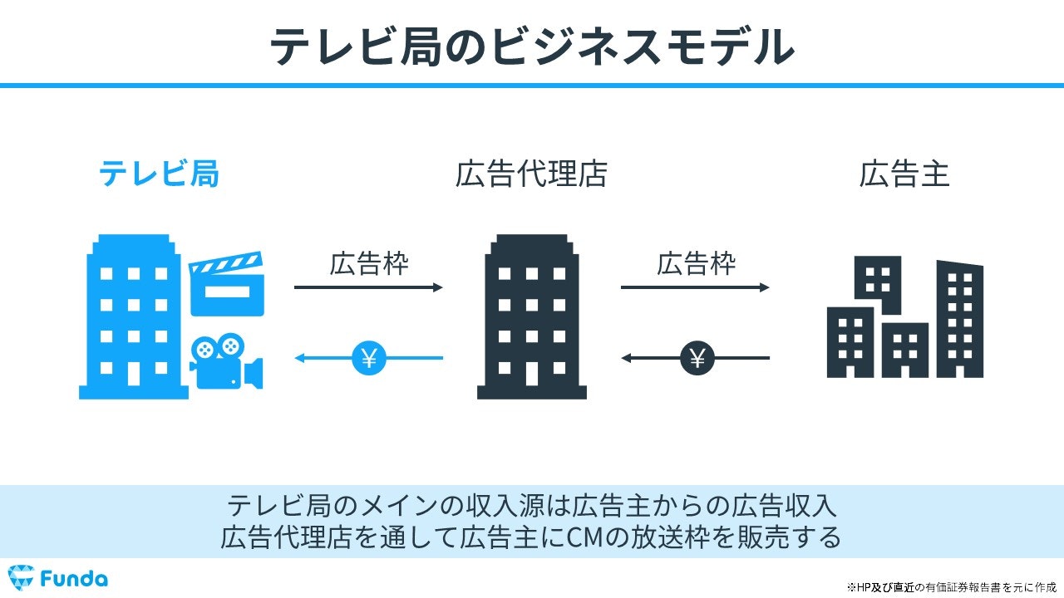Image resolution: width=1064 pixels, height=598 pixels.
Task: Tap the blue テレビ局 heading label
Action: click(x=160, y=174)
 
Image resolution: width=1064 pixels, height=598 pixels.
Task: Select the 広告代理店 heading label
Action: click(x=531, y=174)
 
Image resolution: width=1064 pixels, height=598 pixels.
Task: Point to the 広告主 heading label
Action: click(x=904, y=174)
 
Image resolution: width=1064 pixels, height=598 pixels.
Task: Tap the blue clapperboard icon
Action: click(x=226, y=283)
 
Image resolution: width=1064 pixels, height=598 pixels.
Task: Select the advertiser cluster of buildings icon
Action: click(x=904, y=318)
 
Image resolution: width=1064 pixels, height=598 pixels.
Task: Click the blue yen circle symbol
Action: click(x=368, y=358)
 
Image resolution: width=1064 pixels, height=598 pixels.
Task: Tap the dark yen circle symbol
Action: click(x=697, y=358)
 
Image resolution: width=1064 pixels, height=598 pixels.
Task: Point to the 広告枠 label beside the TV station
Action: click(x=369, y=263)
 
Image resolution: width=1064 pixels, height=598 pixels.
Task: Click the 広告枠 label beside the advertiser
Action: click(x=696, y=263)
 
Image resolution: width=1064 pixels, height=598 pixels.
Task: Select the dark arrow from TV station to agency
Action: click(x=369, y=287)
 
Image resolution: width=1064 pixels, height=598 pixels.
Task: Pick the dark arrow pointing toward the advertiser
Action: click(x=696, y=287)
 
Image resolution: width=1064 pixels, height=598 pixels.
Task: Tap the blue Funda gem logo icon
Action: click(x=22, y=578)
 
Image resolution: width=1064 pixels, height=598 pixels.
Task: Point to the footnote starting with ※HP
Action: click(x=951, y=586)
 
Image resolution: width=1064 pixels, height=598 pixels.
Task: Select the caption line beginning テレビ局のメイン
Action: click(x=531, y=505)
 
